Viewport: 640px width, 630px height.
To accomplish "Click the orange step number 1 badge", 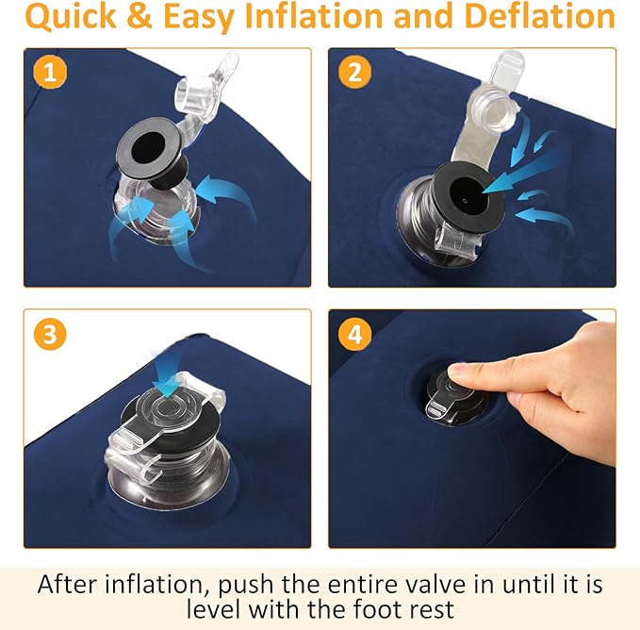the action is click(50, 73).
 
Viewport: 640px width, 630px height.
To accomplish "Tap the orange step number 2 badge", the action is click(354, 73).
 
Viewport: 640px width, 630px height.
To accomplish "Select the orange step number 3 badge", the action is click(50, 335).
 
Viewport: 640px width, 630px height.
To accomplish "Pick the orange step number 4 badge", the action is click(354, 335).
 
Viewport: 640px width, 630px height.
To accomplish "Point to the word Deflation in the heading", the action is click(539, 16).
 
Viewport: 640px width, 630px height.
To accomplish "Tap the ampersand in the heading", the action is click(139, 16).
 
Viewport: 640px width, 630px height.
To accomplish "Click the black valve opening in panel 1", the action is click(147, 148).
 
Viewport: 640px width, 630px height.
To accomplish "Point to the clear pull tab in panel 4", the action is click(435, 409).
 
